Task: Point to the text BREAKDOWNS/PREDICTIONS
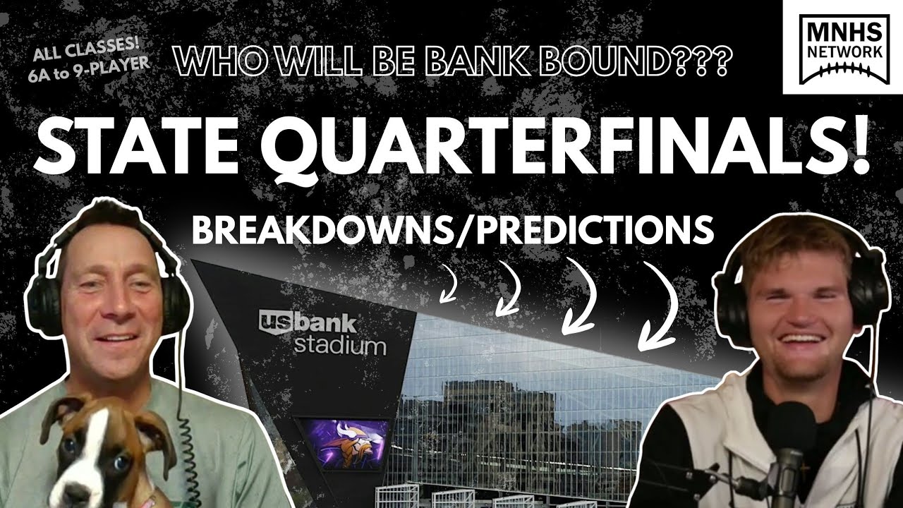click(x=452, y=231)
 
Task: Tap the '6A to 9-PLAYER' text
click(x=89, y=62)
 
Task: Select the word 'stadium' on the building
click(x=339, y=346)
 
